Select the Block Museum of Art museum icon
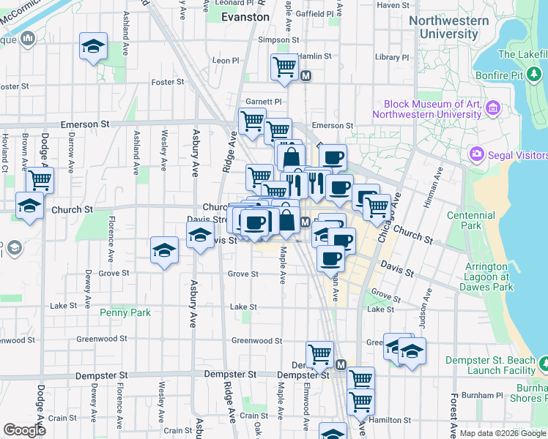[492, 110]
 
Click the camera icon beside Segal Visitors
[477, 155]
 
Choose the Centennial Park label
[484, 221]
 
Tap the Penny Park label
[125, 312]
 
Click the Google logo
[24, 429]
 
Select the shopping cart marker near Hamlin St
[284, 67]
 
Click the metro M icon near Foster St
[306, 75]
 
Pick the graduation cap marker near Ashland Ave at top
[93, 47]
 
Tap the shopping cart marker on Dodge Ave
[40, 180]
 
